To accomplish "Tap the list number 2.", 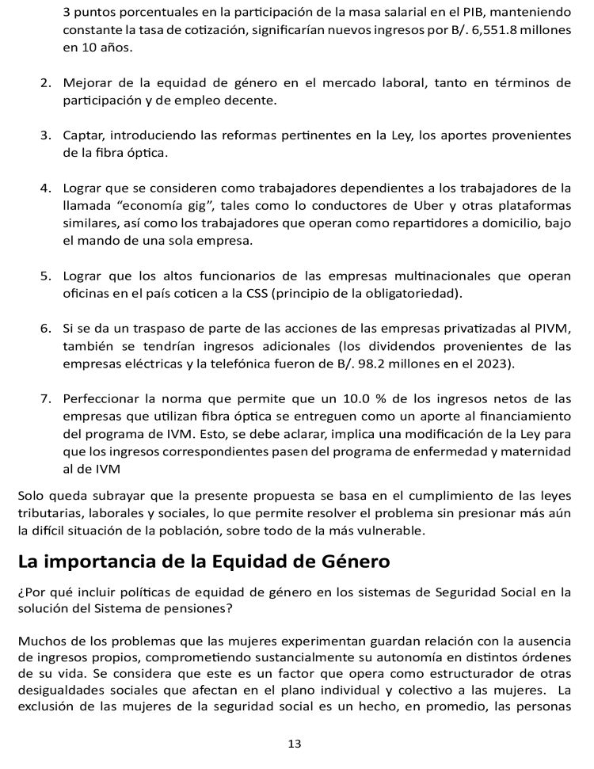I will pyautogui.click(x=46, y=82).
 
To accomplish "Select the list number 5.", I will pyautogui.click(x=46, y=276).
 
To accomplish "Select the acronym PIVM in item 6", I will pyautogui.click(x=551, y=329).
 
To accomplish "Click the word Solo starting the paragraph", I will pyautogui.click(x=32, y=497).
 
